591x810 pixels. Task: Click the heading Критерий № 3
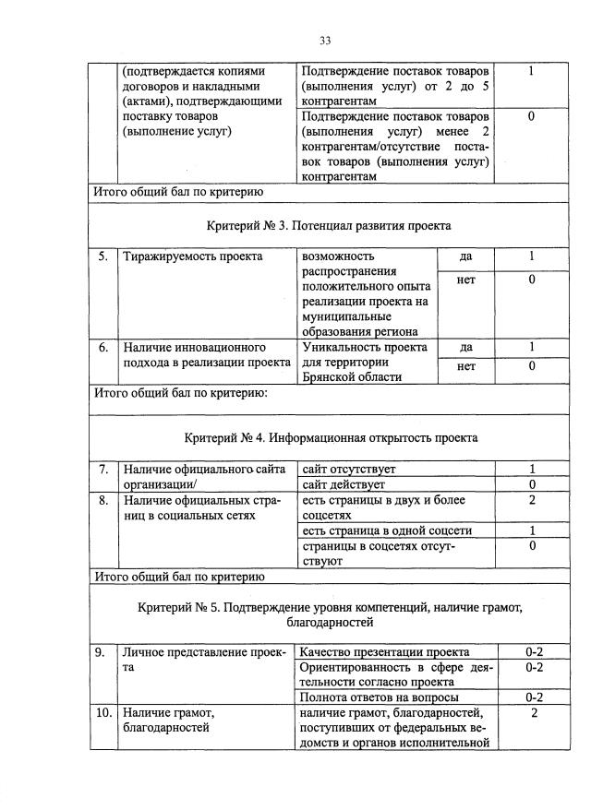(x=329, y=225)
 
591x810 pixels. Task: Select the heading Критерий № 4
(x=331, y=436)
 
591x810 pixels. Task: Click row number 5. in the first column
(x=104, y=256)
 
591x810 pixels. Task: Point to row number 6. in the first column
(x=104, y=348)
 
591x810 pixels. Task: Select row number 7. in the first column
(x=104, y=470)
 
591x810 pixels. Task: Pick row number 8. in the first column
(x=104, y=500)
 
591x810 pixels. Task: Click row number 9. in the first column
(x=104, y=652)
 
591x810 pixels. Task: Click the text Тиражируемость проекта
(x=192, y=256)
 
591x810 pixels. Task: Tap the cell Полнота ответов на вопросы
(x=380, y=697)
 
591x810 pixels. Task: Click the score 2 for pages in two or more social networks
(x=532, y=500)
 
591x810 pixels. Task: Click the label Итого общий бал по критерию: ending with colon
(x=181, y=393)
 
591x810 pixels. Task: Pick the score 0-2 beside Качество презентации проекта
(x=534, y=652)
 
